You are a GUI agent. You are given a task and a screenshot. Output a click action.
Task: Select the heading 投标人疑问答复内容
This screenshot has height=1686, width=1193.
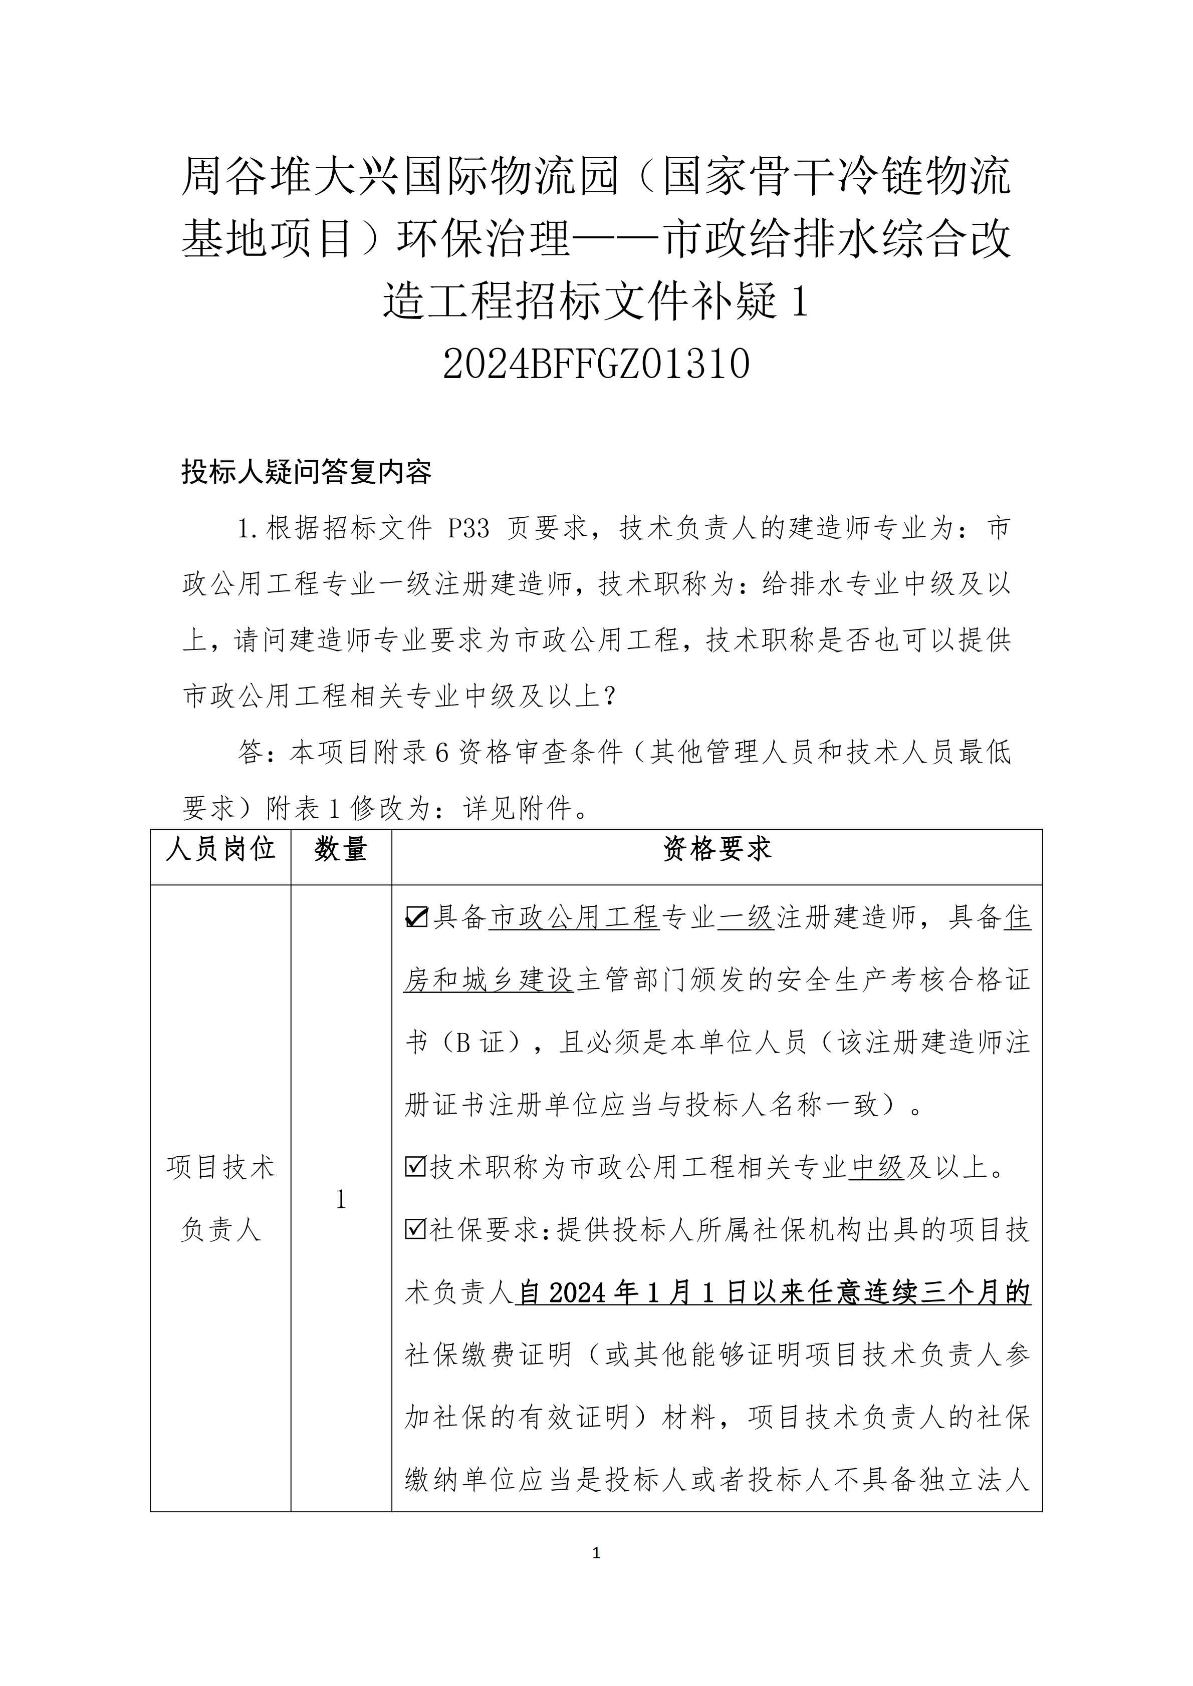tap(306, 472)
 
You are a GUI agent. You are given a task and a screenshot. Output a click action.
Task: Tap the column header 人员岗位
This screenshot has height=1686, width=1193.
tap(220, 850)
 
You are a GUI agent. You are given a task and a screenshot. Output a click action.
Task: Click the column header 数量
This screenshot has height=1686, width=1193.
tap(341, 850)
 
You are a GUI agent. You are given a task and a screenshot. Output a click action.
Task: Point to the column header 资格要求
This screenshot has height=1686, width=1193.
tap(717, 850)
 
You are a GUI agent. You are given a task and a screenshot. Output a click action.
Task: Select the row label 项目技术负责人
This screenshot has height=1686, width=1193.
tap(220, 1198)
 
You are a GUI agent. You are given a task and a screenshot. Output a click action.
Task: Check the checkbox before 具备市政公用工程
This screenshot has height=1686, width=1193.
tap(416, 918)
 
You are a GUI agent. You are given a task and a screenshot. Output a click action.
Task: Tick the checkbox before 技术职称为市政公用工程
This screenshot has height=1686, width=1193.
tap(416, 1167)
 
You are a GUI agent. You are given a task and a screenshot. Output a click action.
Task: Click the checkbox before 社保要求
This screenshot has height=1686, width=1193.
tap(416, 1229)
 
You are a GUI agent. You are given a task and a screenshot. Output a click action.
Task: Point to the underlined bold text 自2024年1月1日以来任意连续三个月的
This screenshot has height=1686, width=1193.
tap(773, 1292)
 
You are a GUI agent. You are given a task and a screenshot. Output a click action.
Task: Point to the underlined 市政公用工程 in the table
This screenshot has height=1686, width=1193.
tap(574, 918)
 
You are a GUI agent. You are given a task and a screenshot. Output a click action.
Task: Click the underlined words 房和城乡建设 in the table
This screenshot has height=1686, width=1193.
tap(489, 980)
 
